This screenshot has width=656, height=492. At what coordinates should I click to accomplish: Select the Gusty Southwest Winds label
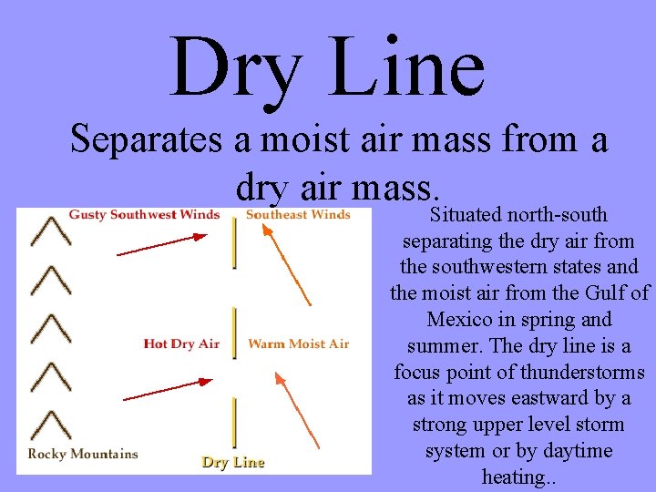144,215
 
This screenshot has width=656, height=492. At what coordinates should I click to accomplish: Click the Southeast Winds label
298,215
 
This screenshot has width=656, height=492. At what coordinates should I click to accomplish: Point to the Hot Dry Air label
181,343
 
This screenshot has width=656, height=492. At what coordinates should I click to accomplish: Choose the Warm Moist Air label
299,343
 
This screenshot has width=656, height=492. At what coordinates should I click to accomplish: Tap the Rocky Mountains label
83,454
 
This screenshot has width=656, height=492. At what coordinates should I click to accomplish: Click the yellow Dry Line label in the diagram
233,462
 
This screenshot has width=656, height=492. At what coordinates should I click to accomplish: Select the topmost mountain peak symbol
51,231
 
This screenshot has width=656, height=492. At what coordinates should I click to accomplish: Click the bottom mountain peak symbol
51,425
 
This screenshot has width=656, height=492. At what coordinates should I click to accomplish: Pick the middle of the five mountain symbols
51,329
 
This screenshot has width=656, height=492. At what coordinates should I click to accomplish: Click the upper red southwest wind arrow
162,245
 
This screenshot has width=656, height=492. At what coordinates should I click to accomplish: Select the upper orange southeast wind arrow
287,264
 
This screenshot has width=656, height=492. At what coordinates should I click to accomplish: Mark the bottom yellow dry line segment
235,422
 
